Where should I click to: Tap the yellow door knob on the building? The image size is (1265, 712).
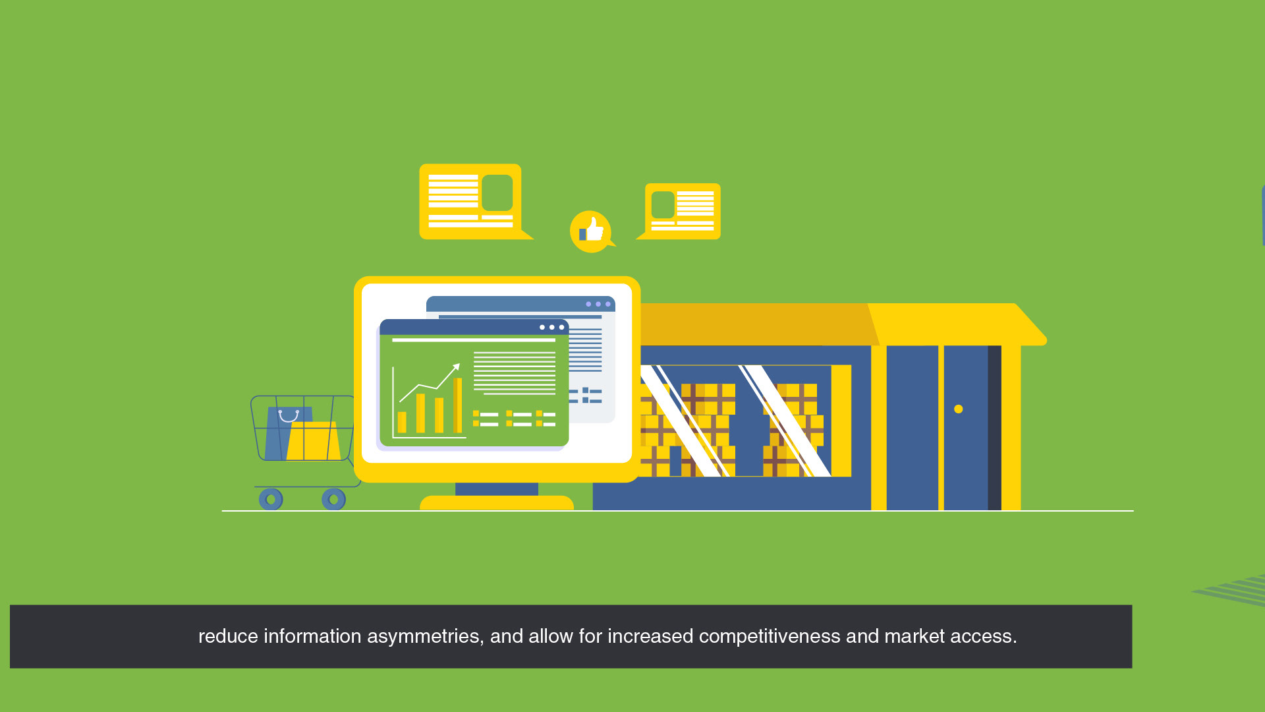[959, 409]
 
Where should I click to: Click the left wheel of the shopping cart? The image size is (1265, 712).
[271, 499]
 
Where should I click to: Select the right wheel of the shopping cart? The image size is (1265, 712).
[333, 499]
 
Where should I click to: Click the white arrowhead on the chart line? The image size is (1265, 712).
[456, 367]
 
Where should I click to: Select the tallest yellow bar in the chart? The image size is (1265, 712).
[457, 405]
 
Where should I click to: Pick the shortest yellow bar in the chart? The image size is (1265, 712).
[402, 422]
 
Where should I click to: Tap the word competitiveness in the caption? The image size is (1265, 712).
[770, 636]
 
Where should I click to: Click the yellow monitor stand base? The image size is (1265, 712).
[497, 503]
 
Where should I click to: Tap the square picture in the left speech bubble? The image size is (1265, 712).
[497, 193]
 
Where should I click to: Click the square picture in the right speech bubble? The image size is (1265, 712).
[663, 204]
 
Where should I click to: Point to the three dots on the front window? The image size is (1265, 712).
[552, 327]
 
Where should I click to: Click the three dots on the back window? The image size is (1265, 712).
[598, 304]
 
